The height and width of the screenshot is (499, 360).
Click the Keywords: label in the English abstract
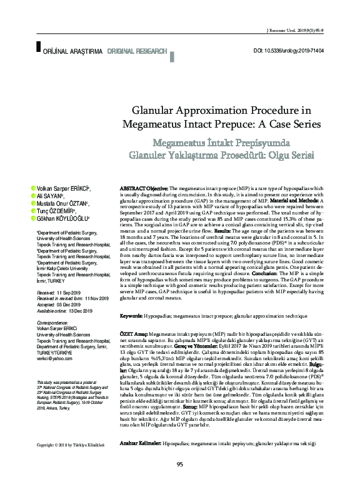[132, 316]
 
